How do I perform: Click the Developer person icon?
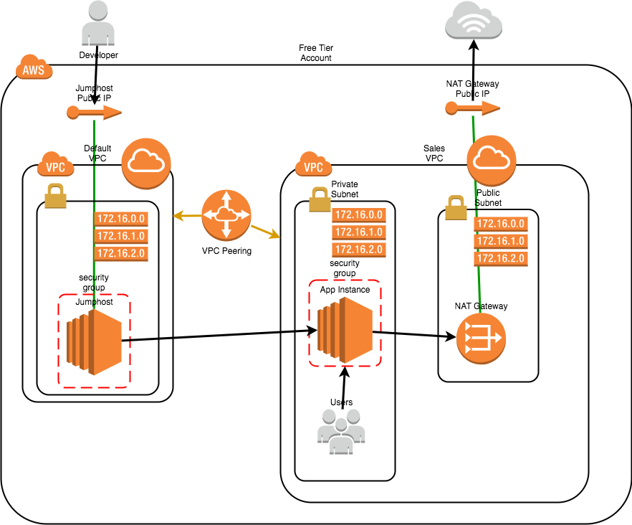click(x=98, y=24)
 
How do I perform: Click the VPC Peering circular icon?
click(x=226, y=214)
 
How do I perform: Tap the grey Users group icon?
click(x=340, y=431)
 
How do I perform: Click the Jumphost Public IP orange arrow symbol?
click(x=94, y=112)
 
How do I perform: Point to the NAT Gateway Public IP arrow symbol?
click(x=472, y=108)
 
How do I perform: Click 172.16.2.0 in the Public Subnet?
click(x=500, y=258)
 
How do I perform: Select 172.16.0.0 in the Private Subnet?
click(x=358, y=214)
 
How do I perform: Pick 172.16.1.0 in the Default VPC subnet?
click(x=121, y=235)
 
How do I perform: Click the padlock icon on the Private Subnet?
click(x=320, y=200)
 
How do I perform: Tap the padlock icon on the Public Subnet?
click(x=456, y=209)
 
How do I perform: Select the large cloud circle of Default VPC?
click(x=146, y=163)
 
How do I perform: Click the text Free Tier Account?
click(x=316, y=53)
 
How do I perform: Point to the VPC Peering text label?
click(x=226, y=251)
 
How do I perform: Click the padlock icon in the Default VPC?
click(x=55, y=196)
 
